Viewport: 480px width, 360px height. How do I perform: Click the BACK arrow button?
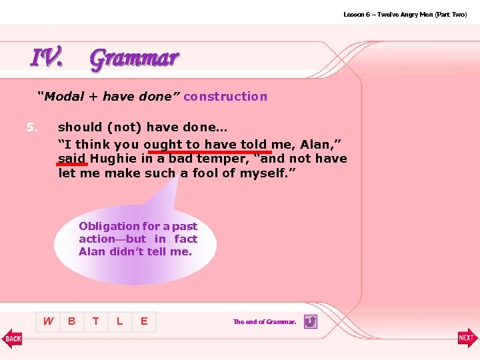tap(12, 338)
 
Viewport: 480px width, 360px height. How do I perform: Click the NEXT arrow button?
tap(467, 338)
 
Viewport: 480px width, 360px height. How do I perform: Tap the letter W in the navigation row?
tap(48, 321)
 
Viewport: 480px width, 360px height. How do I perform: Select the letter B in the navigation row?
tap(72, 321)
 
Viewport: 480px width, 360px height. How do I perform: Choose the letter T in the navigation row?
tap(96, 321)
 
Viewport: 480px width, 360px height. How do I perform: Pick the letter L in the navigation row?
tap(120, 321)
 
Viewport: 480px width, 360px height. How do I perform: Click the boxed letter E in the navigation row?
tap(144, 321)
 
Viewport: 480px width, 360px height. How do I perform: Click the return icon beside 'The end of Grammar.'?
tap(310, 322)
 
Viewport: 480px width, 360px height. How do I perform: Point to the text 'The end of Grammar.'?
tap(265, 322)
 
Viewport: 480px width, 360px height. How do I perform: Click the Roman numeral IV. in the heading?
tap(47, 58)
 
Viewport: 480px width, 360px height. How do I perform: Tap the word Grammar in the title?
tap(134, 59)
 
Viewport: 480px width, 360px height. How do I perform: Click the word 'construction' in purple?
tap(225, 97)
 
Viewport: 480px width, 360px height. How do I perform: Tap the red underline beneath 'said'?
tap(72, 165)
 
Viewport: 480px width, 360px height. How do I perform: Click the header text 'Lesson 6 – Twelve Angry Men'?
tap(387, 14)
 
